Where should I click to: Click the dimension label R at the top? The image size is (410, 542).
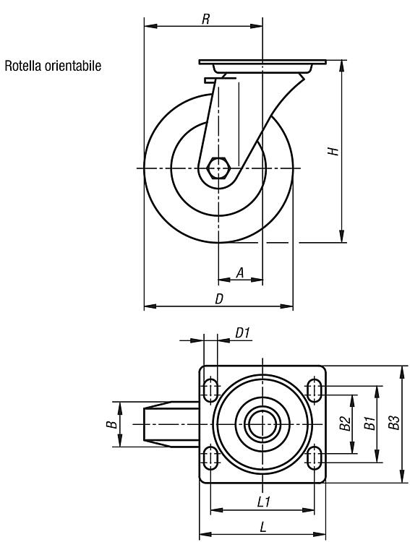click(206, 19)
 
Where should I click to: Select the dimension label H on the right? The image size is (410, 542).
click(333, 151)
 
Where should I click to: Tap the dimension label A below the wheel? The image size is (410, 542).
click(240, 272)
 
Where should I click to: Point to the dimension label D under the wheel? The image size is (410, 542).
click(219, 299)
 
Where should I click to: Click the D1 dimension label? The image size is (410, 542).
click(242, 333)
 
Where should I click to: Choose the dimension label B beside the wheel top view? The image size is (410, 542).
click(111, 424)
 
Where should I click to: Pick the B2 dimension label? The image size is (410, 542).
click(345, 423)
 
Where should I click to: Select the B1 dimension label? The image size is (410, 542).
click(370, 423)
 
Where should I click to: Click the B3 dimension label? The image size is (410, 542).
click(394, 423)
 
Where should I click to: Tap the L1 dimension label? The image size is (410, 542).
click(264, 502)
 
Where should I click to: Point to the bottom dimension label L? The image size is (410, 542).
click(263, 527)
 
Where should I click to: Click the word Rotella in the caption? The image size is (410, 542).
click(22, 66)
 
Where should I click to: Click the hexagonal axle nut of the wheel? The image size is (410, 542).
click(218, 168)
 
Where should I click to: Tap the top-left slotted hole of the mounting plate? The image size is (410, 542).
click(210, 390)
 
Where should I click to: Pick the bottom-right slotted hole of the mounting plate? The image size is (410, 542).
click(314, 457)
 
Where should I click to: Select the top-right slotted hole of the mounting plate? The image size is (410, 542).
click(314, 390)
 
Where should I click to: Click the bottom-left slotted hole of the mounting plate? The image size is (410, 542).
click(210, 457)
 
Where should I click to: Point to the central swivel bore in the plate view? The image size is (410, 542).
click(262, 423)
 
